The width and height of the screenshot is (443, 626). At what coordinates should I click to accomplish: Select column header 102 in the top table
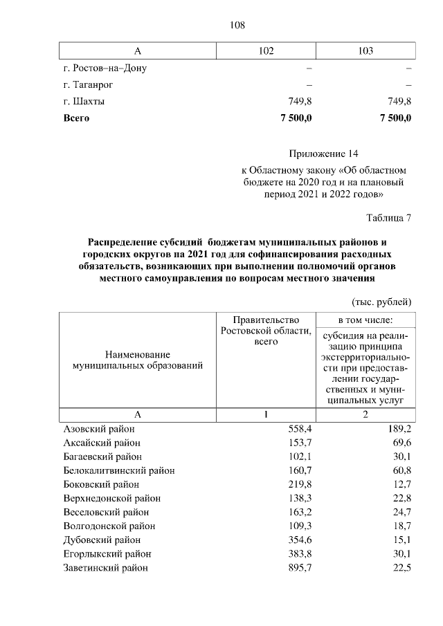[x=266, y=51]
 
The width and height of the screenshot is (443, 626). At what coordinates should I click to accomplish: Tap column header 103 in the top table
[x=366, y=51]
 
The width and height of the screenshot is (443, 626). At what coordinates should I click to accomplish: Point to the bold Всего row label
[x=77, y=118]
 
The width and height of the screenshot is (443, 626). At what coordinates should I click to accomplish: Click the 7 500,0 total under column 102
[x=296, y=118]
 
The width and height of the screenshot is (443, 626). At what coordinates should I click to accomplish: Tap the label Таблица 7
[x=388, y=219]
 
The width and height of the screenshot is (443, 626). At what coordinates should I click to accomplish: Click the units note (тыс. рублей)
[x=382, y=302]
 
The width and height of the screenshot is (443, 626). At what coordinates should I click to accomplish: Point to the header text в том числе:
[x=365, y=320]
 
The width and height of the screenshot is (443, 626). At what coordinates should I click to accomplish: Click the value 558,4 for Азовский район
[x=300, y=429]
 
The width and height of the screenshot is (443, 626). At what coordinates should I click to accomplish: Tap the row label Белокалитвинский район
[x=118, y=470]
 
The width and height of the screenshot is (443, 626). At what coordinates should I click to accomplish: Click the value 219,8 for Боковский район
[x=300, y=484]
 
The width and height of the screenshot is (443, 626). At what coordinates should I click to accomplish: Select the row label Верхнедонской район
[x=111, y=498]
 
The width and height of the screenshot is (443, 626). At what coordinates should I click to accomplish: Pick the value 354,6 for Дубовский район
[x=300, y=540]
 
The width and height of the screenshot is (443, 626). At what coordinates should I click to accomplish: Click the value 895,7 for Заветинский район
[x=300, y=567]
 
